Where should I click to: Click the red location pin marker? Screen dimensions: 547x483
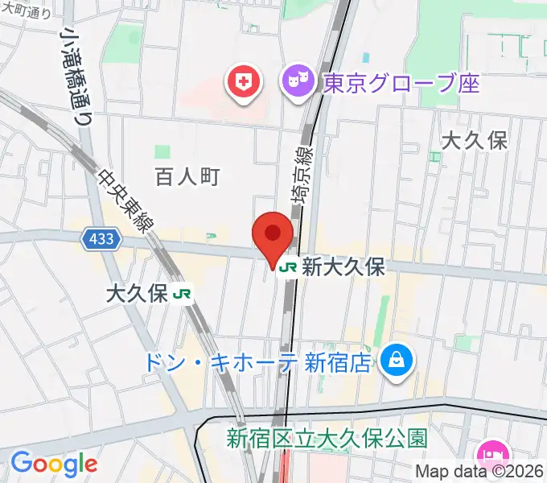273,235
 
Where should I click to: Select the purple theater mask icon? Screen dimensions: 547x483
297,81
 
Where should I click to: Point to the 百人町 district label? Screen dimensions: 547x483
187,176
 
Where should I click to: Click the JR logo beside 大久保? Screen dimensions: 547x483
183,294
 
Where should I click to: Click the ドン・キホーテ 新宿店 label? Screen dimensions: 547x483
257,362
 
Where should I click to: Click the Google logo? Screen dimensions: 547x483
54,464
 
